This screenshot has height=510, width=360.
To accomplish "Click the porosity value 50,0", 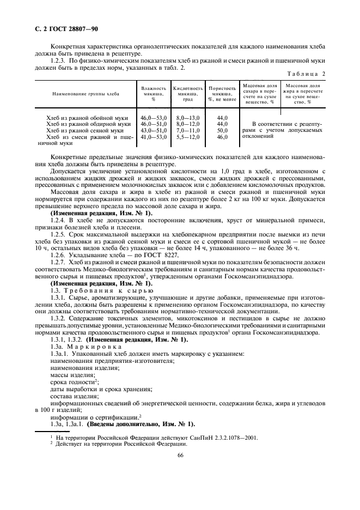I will [x=222, y=131].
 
